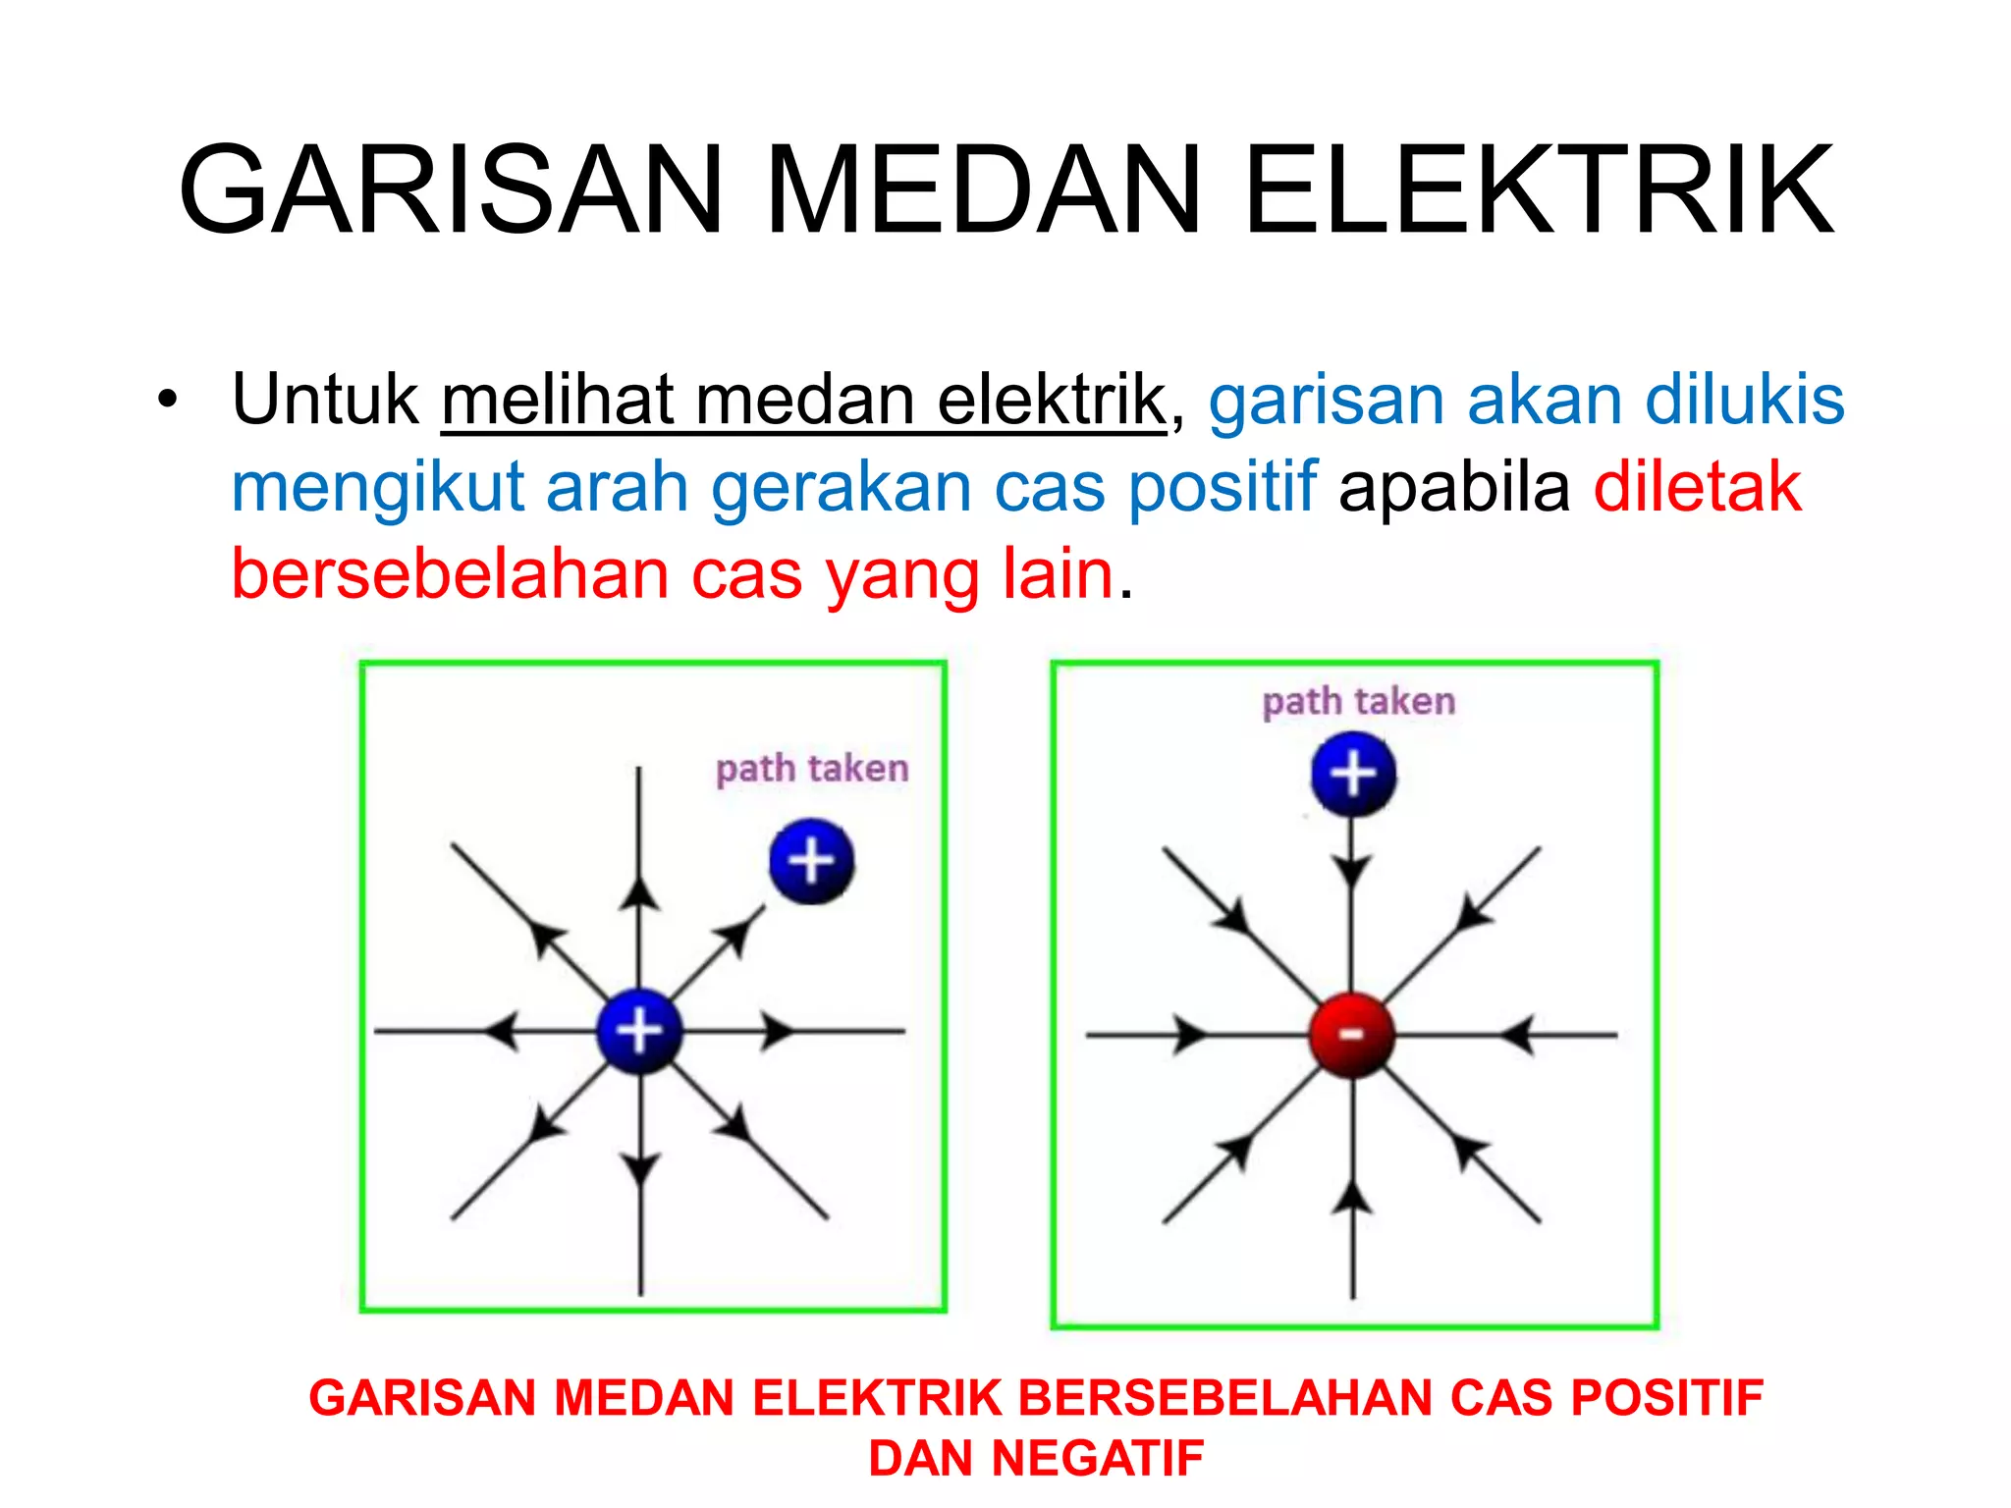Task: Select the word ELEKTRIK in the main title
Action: click(x=1539, y=189)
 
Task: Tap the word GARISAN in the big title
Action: click(x=451, y=189)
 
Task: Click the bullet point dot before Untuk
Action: click(x=168, y=402)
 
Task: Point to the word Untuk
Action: click(x=325, y=400)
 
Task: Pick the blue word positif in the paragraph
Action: click(x=1222, y=487)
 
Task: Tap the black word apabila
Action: click(x=1454, y=487)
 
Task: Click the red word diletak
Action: click(x=1698, y=487)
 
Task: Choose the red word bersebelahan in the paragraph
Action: click(x=450, y=574)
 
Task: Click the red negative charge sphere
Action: click(x=1352, y=1035)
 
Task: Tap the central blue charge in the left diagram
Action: click(x=639, y=1031)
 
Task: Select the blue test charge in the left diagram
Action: click(x=812, y=861)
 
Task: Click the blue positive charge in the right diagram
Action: click(x=1353, y=774)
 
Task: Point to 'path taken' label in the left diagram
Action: click(x=812, y=769)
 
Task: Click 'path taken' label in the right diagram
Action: click(x=1358, y=702)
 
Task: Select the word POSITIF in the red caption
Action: click(x=1667, y=1398)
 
